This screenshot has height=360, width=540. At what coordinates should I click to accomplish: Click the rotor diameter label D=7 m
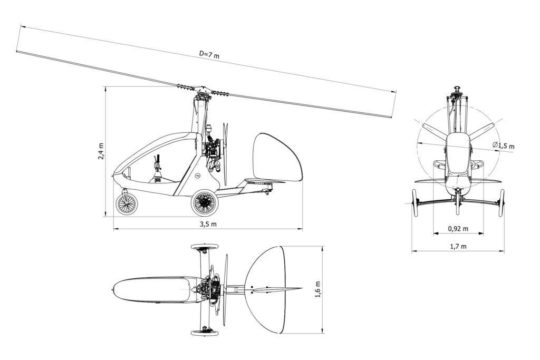point(209,54)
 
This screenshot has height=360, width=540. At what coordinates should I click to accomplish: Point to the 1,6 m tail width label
point(317,289)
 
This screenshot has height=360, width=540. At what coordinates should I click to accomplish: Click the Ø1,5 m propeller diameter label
point(503,146)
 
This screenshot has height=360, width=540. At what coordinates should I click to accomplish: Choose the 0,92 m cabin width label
point(458,229)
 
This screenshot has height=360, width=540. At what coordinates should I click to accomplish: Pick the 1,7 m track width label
point(458,246)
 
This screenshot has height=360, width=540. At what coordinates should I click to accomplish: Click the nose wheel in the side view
point(126,204)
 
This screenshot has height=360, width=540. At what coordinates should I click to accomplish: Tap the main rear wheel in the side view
point(204,203)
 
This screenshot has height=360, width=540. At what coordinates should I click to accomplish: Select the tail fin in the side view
point(277,157)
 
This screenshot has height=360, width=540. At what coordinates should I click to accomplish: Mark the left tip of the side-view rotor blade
point(18,51)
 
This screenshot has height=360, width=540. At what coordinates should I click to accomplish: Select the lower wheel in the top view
point(202,332)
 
